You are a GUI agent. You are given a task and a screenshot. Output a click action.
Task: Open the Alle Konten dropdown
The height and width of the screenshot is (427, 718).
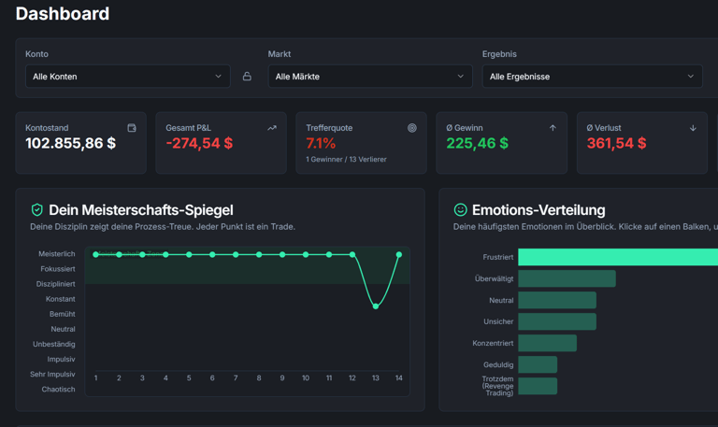[x=127, y=77]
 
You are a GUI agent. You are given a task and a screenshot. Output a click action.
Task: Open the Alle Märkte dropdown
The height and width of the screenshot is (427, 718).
[x=369, y=77]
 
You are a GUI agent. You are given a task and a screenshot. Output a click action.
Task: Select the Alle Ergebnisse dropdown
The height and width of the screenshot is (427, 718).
[x=592, y=77]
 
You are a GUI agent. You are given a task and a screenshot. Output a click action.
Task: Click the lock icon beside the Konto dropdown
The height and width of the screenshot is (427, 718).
[x=247, y=77]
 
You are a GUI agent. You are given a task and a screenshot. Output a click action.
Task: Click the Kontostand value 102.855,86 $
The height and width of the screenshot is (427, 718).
[x=71, y=144]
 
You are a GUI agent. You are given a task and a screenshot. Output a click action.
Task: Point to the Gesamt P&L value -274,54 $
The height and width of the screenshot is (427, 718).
[x=199, y=144]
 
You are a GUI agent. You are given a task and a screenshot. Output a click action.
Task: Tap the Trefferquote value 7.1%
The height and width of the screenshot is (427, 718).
[x=321, y=144]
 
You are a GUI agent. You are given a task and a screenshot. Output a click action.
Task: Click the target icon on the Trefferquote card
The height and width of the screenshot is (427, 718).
[x=412, y=128]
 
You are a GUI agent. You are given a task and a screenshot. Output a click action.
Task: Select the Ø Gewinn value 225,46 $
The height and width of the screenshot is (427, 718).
[x=478, y=144]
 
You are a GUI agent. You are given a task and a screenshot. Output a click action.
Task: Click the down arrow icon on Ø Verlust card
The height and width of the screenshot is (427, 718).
[x=693, y=128]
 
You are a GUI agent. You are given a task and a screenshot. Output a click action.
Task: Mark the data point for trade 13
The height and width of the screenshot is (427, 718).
[x=376, y=306]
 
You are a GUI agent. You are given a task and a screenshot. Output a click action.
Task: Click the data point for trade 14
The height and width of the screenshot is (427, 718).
[x=399, y=254]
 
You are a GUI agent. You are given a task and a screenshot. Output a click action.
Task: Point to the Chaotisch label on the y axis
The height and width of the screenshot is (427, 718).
[x=58, y=390]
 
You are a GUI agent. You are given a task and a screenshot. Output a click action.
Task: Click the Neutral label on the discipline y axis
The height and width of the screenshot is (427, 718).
[x=63, y=329]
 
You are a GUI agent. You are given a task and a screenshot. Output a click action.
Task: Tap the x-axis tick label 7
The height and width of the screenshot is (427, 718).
[x=236, y=378]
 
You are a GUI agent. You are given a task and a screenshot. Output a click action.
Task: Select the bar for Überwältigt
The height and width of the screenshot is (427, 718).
[x=567, y=278]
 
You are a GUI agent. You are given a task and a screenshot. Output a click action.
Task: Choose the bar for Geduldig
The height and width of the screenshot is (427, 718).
[x=538, y=364]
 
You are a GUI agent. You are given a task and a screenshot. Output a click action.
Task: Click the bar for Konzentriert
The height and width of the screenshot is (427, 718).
[x=547, y=343]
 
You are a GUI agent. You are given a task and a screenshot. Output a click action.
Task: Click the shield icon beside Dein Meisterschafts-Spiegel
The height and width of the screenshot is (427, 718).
[x=36, y=210]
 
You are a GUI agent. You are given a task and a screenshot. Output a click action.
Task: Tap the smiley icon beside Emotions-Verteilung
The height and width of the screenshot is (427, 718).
[x=460, y=210]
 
